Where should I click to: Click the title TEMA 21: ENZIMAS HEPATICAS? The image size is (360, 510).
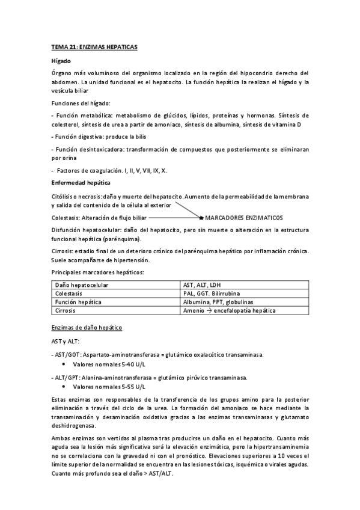94,46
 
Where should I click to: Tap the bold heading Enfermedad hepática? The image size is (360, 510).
80,182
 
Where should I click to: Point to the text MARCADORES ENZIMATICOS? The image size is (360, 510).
243,217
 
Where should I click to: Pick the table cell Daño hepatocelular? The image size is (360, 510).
81,284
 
